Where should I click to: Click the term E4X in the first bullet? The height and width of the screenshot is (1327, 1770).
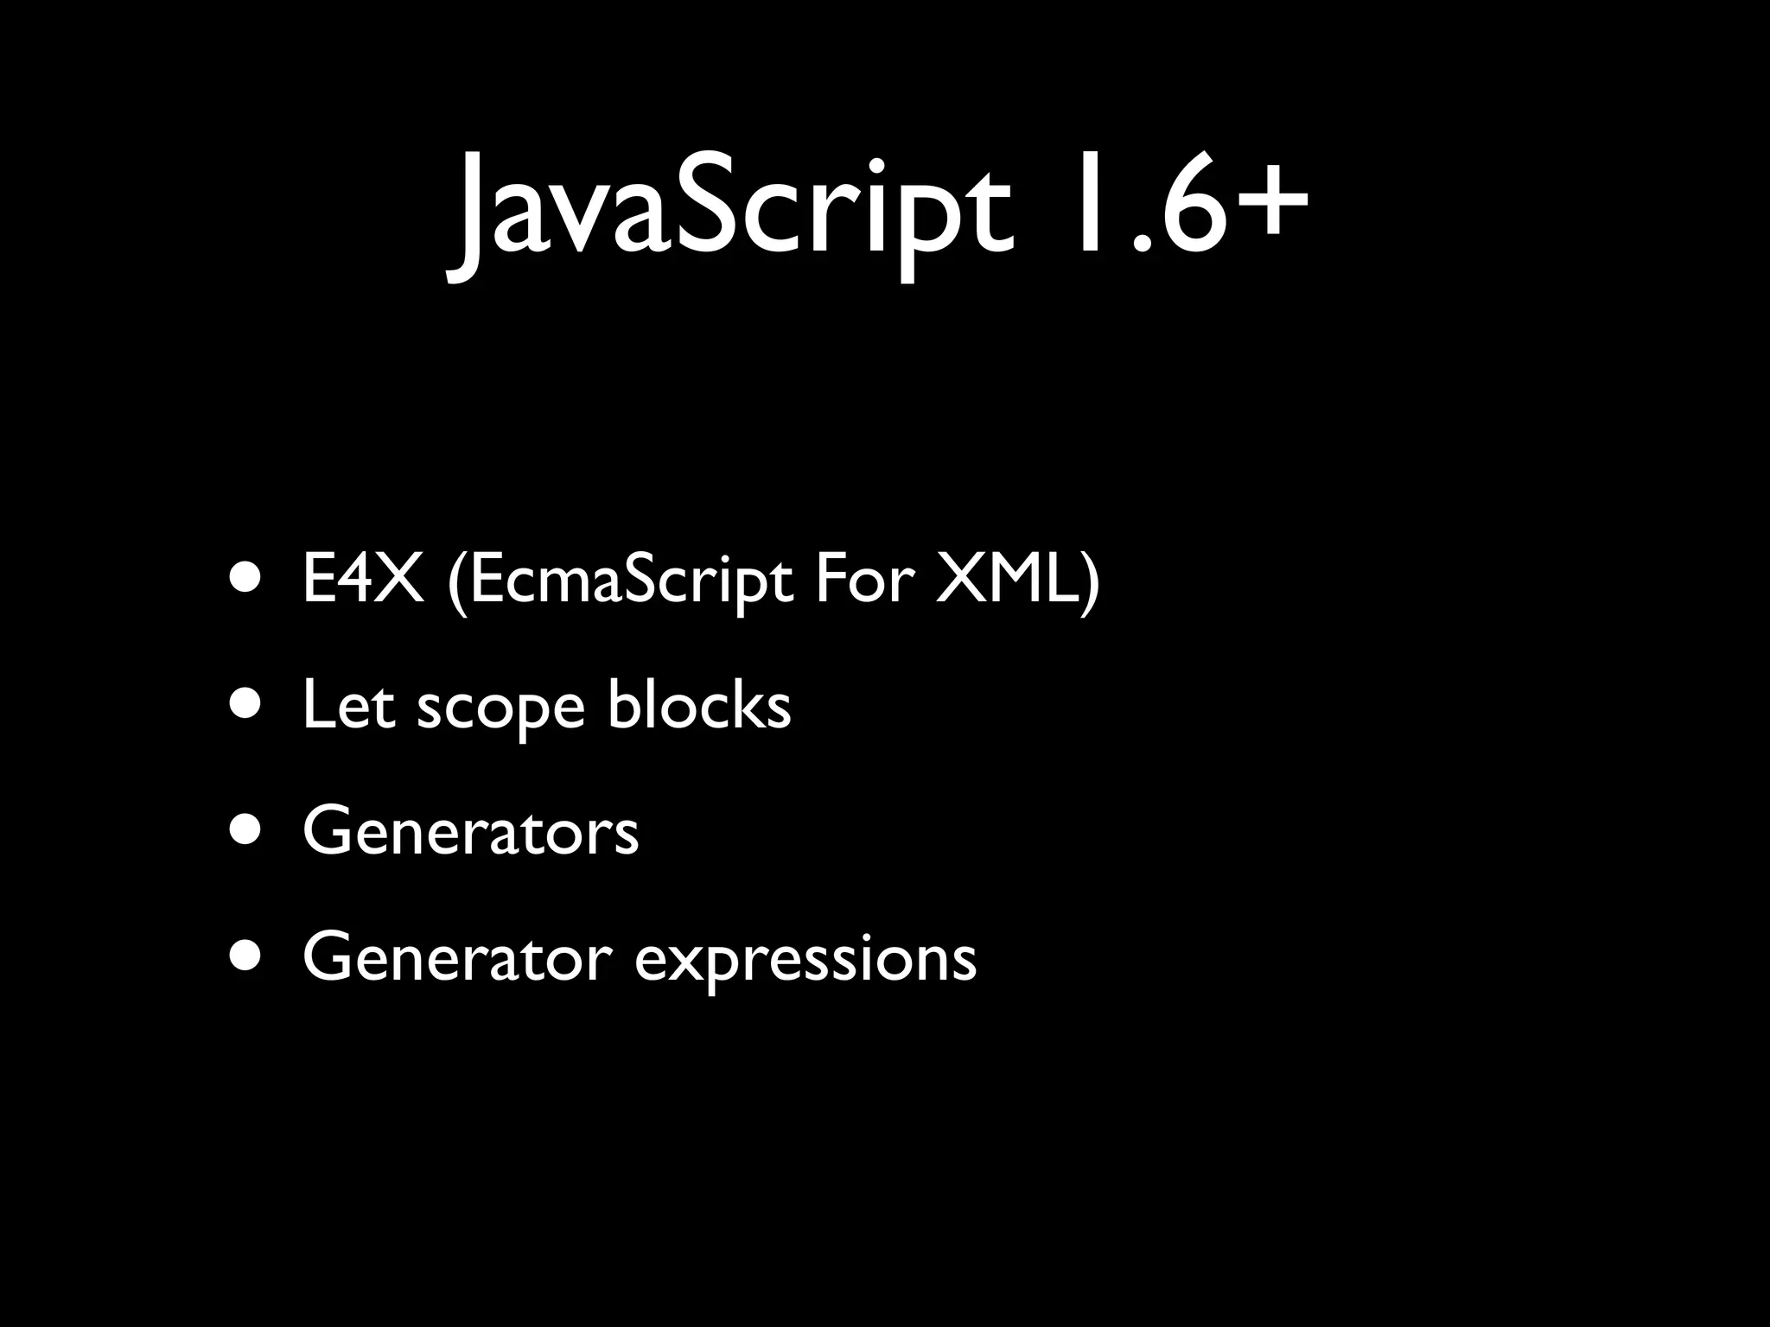(363, 581)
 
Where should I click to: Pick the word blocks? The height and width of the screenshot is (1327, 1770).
(699, 704)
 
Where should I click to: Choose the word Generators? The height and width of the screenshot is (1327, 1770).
(471, 832)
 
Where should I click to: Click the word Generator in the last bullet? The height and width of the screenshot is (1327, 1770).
(459, 957)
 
